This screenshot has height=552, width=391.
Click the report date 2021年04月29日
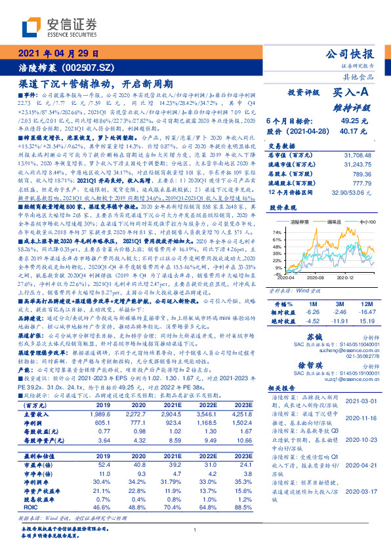pyautogui.click(x=58, y=54)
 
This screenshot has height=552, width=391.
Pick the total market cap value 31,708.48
pyautogui.click(x=356, y=154)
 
